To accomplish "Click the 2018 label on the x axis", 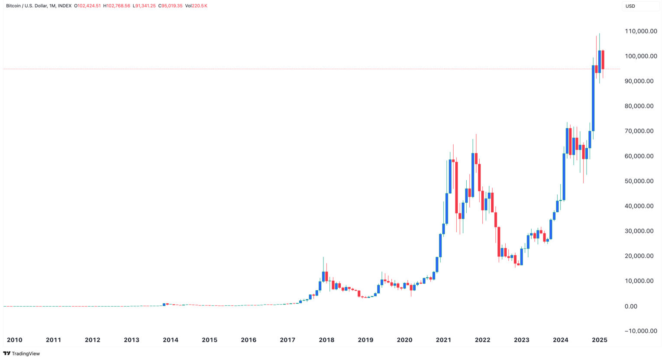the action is (x=326, y=340).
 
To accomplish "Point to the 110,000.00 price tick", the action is (x=641, y=31).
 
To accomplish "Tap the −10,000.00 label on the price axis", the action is (x=640, y=331).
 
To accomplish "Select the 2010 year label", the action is (x=15, y=340).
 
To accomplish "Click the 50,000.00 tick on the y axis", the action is (x=639, y=181).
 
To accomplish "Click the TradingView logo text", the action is (x=26, y=354).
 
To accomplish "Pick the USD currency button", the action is (x=630, y=6).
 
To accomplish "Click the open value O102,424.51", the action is (x=87, y=6).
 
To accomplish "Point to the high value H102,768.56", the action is (x=116, y=6).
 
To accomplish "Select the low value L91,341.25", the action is (x=144, y=6).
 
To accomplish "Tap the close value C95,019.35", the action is (x=171, y=6).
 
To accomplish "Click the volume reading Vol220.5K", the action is (x=196, y=6).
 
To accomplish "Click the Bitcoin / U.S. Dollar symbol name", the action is (x=26, y=6).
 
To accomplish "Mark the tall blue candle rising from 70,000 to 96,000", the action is (x=593, y=98).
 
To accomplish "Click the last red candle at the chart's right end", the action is (x=603, y=60).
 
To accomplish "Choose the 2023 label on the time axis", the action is (x=522, y=340).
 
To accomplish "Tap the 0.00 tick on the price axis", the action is (x=631, y=307).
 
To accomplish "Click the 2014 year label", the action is (x=171, y=340).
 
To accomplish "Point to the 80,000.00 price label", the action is (x=639, y=106).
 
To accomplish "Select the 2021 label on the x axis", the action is (x=443, y=340).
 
